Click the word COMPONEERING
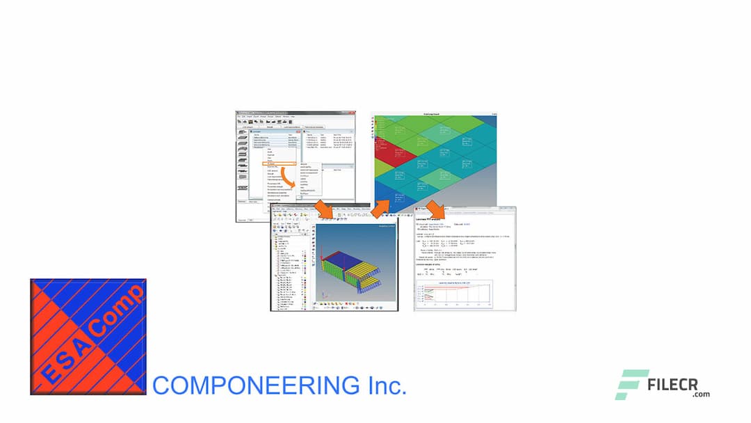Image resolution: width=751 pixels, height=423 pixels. click(x=253, y=385)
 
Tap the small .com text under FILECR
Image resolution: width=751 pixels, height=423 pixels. click(x=701, y=394)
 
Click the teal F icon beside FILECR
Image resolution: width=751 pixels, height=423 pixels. click(x=631, y=385)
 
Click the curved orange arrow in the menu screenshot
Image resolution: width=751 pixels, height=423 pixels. click(x=286, y=182)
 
